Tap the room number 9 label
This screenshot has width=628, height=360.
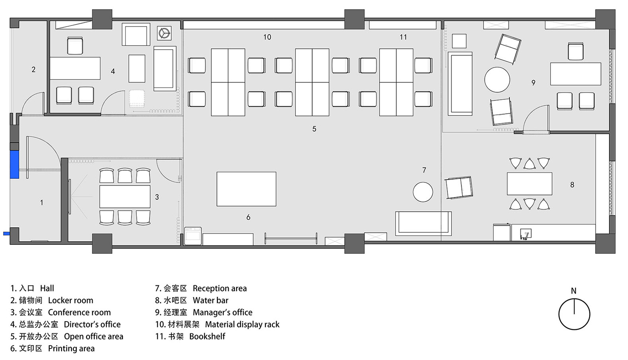coord(533,83)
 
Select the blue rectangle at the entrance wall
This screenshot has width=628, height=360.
coord(14,164)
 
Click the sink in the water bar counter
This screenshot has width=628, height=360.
coord(526,234)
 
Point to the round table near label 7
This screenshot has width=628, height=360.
coord(423,192)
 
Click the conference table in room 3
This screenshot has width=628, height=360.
coord(125,196)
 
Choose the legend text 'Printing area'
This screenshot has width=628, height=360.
coord(71,348)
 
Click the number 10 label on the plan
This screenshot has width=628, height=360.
coord(267,37)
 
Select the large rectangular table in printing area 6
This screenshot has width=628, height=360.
coord(246,189)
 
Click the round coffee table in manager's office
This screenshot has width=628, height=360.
coord(497,79)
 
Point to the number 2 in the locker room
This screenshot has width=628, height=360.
coord(34,69)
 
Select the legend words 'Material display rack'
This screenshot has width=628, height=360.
coord(242,324)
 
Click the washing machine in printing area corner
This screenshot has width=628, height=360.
coord(193,236)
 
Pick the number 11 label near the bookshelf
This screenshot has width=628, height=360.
coord(403,37)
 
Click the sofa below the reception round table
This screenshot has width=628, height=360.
coord(423,223)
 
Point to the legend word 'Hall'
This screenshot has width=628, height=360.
coord(47,288)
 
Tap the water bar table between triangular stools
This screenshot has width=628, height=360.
coord(529,184)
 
